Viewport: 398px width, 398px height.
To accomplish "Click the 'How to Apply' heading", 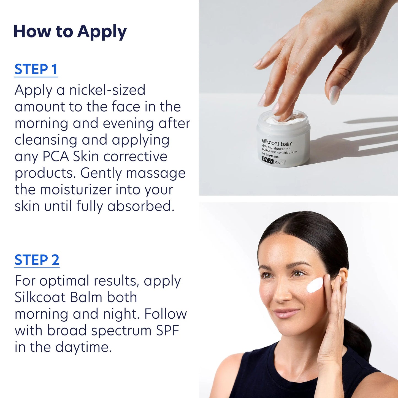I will pyautogui.click(x=70, y=31).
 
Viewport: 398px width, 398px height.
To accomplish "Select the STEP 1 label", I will pyautogui.click(x=36, y=69).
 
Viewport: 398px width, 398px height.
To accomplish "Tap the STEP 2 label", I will pyautogui.click(x=37, y=260).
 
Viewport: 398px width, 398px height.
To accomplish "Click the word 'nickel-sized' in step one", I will pyautogui.click(x=107, y=90).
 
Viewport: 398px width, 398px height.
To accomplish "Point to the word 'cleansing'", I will pyautogui.click(x=46, y=140).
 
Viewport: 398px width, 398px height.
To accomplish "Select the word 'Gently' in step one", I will pyautogui.click(x=101, y=173).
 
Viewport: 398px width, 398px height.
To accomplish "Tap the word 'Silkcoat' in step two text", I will pyautogui.click(x=40, y=297).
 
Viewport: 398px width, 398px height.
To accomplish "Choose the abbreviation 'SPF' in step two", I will pyautogui.click(x=167, y=331).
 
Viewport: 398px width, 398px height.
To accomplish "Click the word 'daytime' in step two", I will pyautogui.click(x=83, y=347).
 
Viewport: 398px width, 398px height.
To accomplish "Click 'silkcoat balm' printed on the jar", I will pyautogui.click(x=277, y=143).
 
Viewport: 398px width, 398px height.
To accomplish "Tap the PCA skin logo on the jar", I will pyautogui.click(x=274, y=161).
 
